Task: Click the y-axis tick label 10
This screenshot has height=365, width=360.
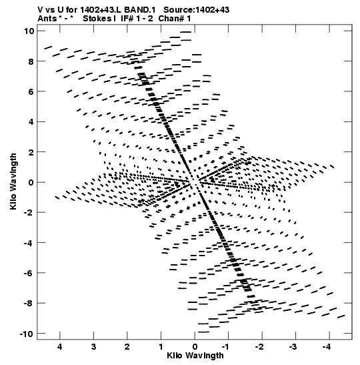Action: (x=29, y=31)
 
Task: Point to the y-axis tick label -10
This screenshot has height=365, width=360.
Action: (x=27, y=334)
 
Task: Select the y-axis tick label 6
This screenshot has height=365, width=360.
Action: (x=32, y=91)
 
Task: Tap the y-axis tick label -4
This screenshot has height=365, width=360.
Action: (x=29, y=243)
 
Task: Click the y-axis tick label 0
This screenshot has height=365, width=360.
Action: (x=32, y=182)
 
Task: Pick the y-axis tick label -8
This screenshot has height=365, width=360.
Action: (x=29, y=304)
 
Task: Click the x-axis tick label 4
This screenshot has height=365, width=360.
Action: (x=60, y=347)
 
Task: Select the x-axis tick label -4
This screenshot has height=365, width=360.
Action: (x=327, y=347)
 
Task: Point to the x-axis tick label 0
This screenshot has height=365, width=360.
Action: (x=195, y=347)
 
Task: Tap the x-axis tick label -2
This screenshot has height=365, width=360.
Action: (x=259, y=347)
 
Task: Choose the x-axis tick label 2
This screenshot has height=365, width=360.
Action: (x=127, y=347)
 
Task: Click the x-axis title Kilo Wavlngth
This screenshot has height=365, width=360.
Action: (x=195, y=356)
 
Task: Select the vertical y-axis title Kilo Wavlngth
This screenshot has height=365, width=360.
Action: (x=13, y=181)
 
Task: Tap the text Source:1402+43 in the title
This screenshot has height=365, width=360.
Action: (x=196, y=10)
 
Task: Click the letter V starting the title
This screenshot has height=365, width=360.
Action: (x=41, y=10)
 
